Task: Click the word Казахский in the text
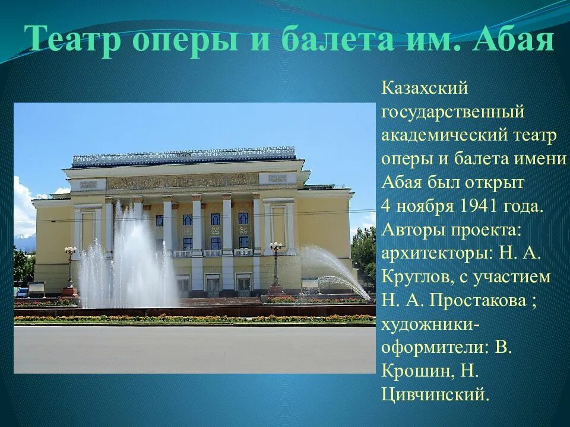pyautogui.click(x=425, y=88)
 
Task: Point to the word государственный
pyautogui.click(x=453, y=112)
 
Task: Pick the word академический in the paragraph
pyautogui.click(x=443, y=136)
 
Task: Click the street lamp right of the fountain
pyautogui.click(x=275, y=267)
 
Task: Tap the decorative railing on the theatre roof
pyautogui.click(x=183, y=156)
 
